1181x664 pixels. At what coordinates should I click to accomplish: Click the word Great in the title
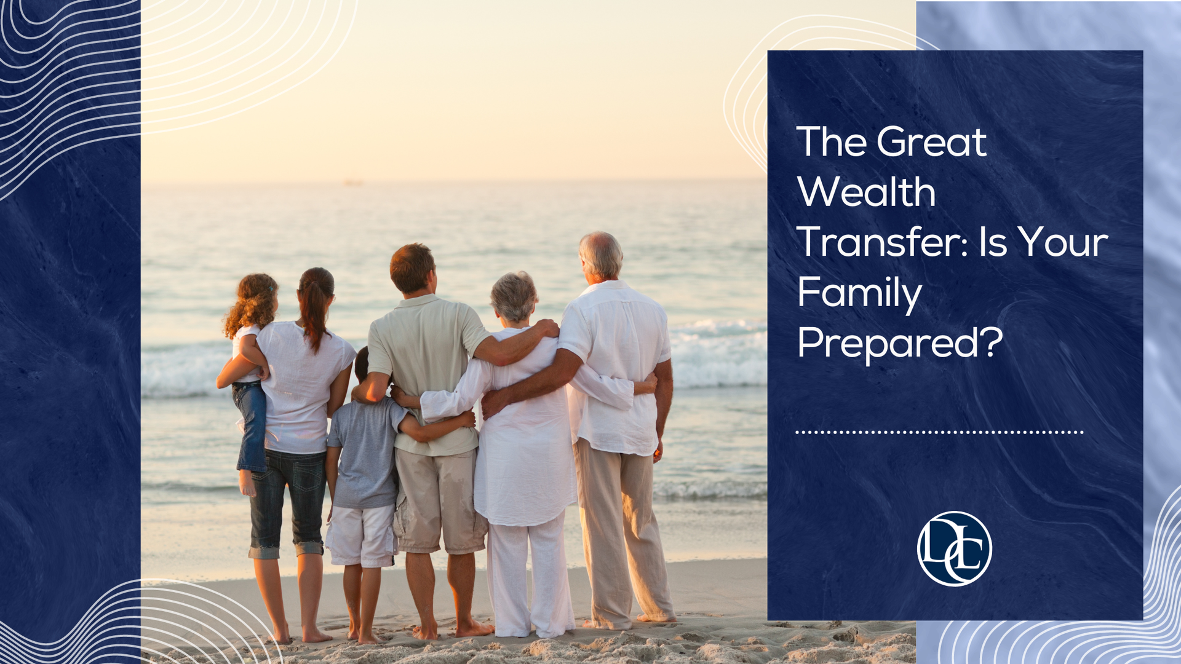pyautogui.click(x=931, y=142)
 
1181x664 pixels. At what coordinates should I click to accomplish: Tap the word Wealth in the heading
pyautogui.click(x=867, y=192)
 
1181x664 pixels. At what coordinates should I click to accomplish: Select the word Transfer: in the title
pyautogui.click(x=883, y=242)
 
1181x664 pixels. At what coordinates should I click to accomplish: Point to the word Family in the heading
pyautogui.click(x=860, y=294)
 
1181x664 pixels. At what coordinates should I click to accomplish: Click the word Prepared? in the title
pyautogui.click(x=900, y=343)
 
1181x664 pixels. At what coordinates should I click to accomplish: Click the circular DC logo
pyautogui.click(x=954, y=548)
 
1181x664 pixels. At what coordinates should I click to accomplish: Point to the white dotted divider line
pyautogui.click(x=939, y=432)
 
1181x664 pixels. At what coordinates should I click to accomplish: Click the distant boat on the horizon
pyautogui.click(x=353, y=181)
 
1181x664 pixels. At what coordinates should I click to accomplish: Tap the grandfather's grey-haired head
pyautogui.click(x=601, y=256)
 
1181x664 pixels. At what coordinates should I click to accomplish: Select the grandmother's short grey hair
pyautogui.click(x=514, y=296)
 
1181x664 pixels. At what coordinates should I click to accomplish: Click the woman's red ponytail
pyautogui.click(x=315, y=307)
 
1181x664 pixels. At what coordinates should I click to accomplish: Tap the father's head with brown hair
pyautogui.click(x=413, y=269)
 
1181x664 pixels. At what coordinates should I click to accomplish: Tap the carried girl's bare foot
pyautogui.click(x=247, y=483)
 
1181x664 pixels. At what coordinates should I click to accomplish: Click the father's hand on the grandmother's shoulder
pyautogui.click(x=546, y=328)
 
